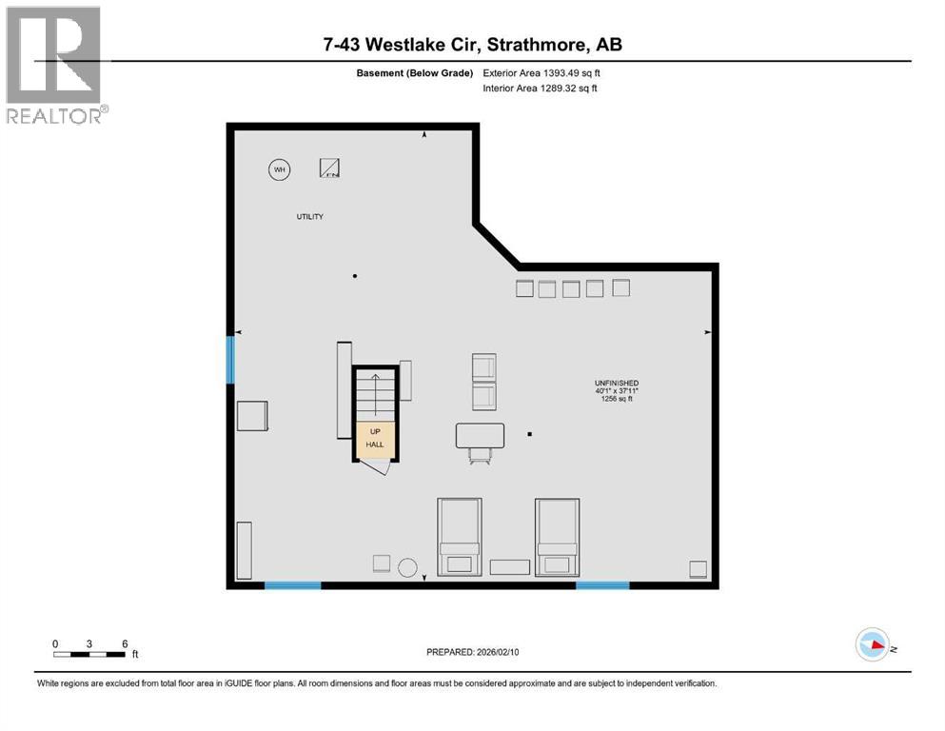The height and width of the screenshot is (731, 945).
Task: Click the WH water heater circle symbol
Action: pyautogui.click(x=279, y=170)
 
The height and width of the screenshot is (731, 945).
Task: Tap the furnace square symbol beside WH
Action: pyautogui.click(x=330, y=168)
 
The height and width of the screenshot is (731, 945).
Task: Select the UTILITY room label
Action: pyautogui.click(x=309, y=217)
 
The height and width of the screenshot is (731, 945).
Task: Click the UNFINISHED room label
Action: pyautogui.click(x=618, y=383)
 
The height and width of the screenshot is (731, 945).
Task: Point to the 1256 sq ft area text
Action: pyautogui.click(x=618, y=399)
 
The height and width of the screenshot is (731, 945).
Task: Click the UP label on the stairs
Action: pyautogui.click(x=374, y=431)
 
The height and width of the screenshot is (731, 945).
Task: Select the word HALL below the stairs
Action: pyautogui.click(x=374, y=445)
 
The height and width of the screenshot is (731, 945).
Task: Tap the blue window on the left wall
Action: pyautogui.click(x=230, y=360)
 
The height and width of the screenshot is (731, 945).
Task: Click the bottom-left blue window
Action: pyautogui.click(x=292, y=585)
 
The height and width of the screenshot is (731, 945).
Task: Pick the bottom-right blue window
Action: pyautogui.click(x=602, y=585)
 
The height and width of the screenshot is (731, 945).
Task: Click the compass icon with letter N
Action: pyautogui.click(x=872, y=645)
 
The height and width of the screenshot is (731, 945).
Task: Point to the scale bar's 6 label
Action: pyautogui.click(x=125, y=643)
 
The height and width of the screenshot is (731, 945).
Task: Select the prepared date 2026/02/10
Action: pyautogui.click(x=476, y=652)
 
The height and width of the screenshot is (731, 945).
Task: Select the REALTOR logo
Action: pyautogui.click(x=53, y=66)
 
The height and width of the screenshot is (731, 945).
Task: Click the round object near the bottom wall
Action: pyautogui.click(x=408, y=567)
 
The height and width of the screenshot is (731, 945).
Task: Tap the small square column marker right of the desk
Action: pyautogui.click(x=530, y=435)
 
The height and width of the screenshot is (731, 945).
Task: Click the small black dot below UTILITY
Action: pyautogui.click(x=355, y=276)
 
